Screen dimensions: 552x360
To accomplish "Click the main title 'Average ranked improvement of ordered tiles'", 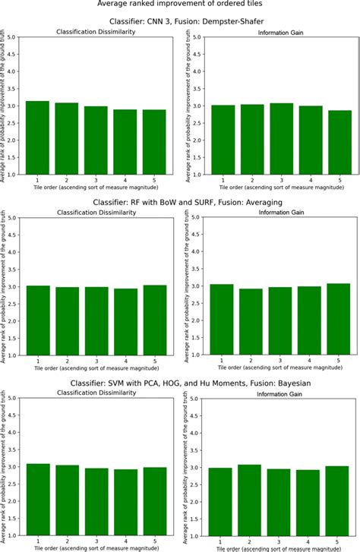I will [x=180, y=5].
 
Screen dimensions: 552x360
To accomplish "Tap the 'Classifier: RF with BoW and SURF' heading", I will [x=180, y=203].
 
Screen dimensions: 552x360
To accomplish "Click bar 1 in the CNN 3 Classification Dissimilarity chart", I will [x=37, y=137].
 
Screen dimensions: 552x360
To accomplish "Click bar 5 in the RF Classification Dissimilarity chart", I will [x=153, y=320].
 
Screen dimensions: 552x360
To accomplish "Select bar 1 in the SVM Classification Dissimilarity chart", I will [x=37, y=500].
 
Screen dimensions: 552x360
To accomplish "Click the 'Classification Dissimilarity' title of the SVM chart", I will [x=96, y=394].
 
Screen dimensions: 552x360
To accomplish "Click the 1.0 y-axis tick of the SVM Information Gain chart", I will [x=197, y=536].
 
